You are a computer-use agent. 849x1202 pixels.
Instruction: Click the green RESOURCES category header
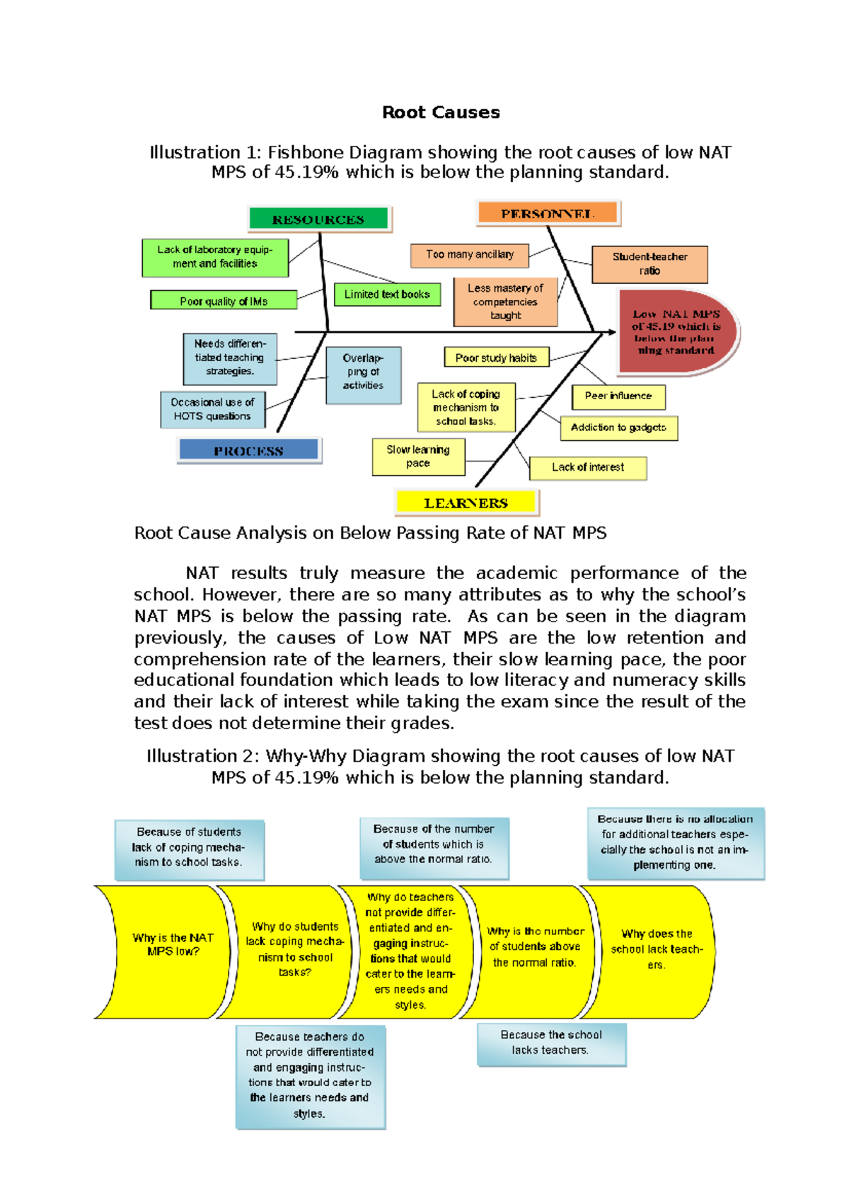click(318, 219)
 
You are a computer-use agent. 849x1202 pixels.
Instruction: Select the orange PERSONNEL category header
click(548, 213)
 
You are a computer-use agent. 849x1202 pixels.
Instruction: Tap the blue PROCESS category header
click(248, 450)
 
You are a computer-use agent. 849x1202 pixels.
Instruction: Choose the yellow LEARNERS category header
click(466, 503)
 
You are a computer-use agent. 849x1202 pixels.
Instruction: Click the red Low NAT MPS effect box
click(676, 331)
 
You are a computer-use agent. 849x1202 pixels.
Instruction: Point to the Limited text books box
click(387, 294)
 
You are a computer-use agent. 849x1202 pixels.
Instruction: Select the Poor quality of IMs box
click(224, 301)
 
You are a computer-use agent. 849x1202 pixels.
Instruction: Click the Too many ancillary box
click(470, 255)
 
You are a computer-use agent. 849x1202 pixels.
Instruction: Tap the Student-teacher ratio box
click(649, 264)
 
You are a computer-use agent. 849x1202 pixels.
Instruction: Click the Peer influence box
click(618, 396)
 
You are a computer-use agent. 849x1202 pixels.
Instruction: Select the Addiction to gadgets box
click(618, 428)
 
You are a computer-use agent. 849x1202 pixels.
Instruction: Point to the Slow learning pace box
click(418, 457)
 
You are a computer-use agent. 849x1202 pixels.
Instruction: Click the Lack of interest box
click(588, 467)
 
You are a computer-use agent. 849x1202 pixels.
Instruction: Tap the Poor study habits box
click(496, 357)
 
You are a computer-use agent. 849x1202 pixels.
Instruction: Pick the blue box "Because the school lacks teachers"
click(551, 1043)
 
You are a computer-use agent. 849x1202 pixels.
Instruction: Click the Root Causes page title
click(441, 113)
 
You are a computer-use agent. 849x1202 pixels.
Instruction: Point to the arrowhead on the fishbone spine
click(610, 331)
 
